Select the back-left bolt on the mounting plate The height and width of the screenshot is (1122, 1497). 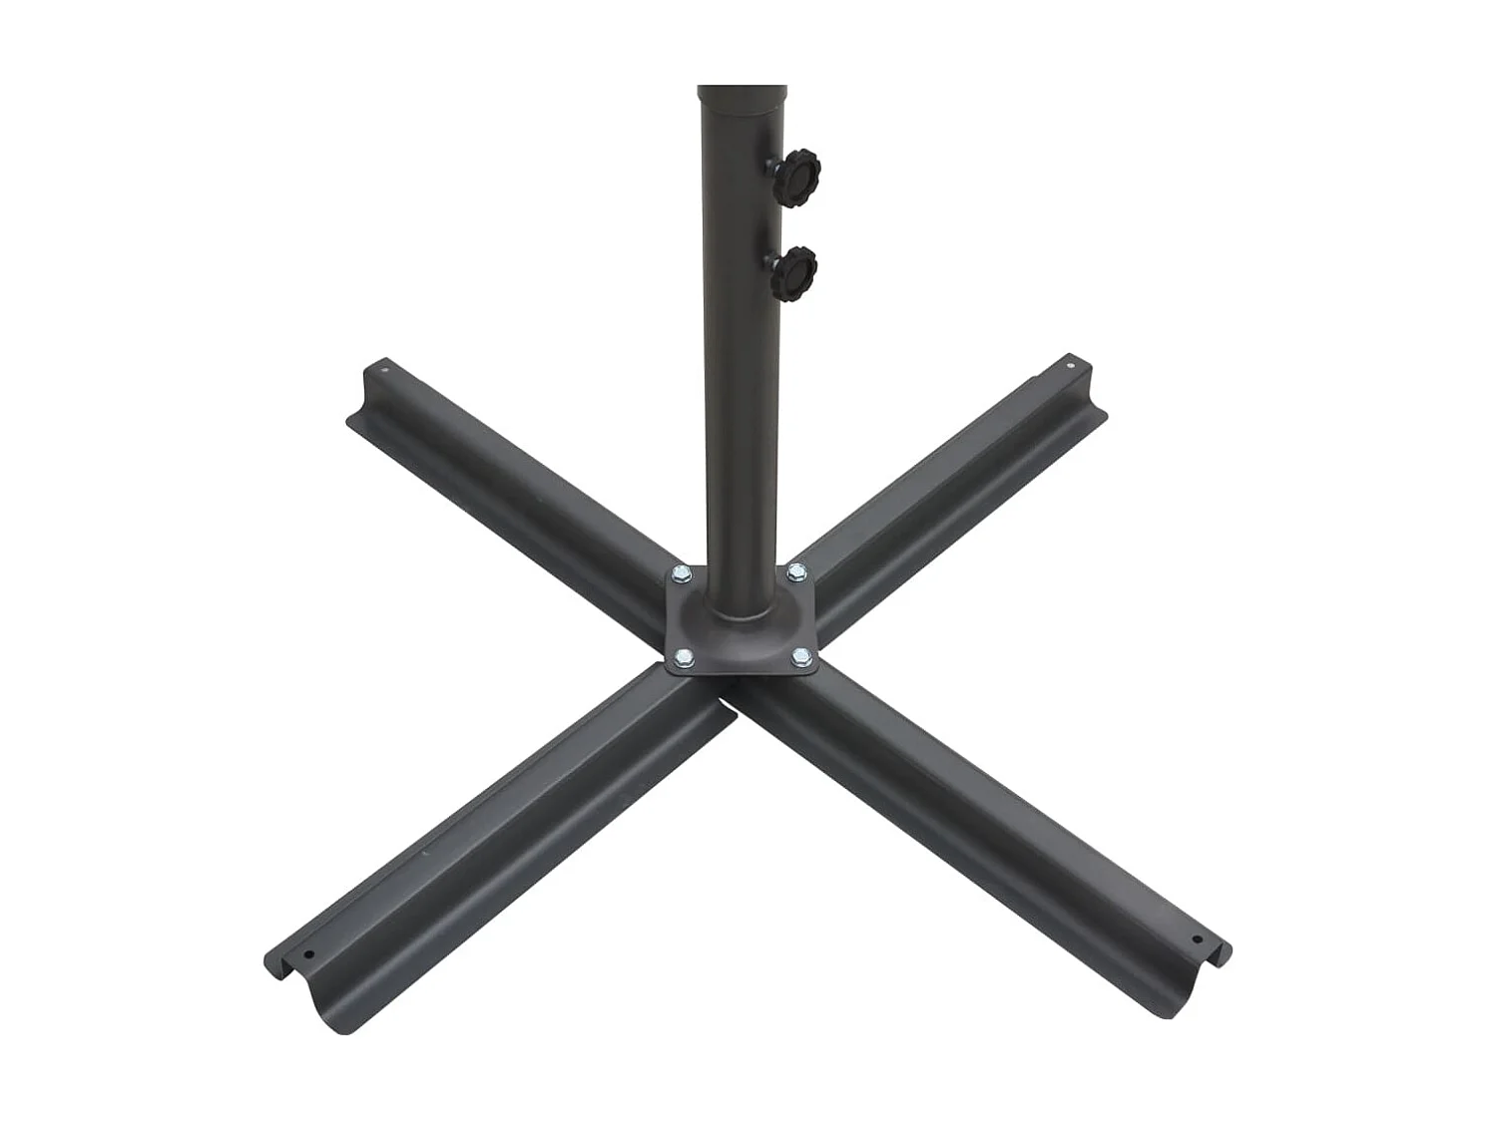[x=683, y=573]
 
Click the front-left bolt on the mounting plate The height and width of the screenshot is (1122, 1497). [x=684, y=656]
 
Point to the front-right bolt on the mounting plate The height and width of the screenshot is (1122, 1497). [x=801, y=656]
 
